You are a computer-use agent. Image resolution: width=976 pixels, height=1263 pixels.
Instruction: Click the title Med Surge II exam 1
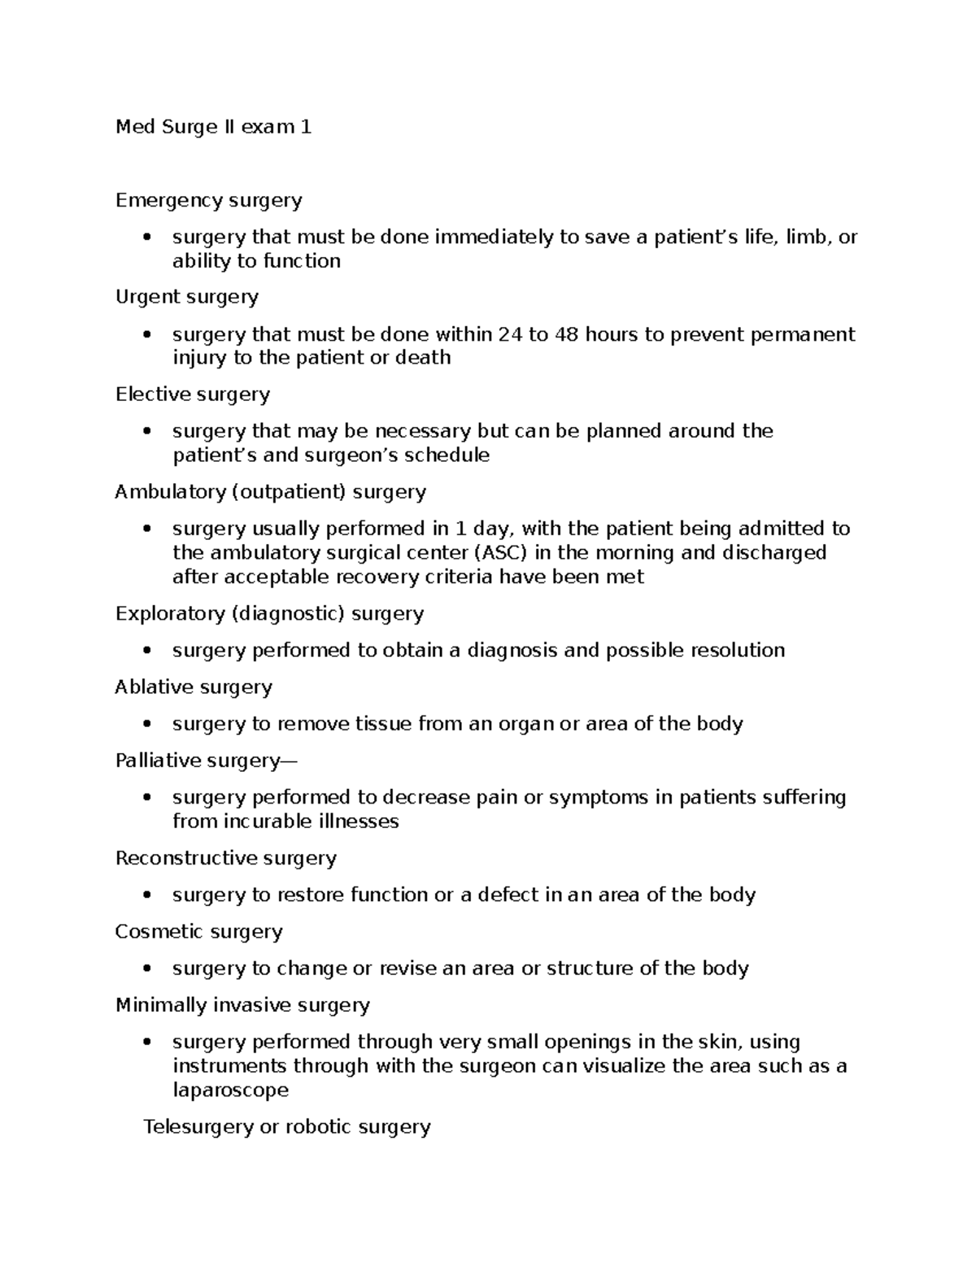[213, 127]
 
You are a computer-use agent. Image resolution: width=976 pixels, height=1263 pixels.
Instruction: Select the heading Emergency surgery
[208, 200]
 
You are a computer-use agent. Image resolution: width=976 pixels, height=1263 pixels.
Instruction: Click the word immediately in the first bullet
[494, 237]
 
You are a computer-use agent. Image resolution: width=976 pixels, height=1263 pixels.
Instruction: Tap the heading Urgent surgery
[186, 297]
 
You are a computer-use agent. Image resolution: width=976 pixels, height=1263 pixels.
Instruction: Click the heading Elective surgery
[192, 394]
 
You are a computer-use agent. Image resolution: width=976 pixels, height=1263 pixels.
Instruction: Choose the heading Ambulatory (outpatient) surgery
[270, 492]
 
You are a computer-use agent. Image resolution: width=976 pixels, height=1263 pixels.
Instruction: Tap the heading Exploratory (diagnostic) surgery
[269, 613]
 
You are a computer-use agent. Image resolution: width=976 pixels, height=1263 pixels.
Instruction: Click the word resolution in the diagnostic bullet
[737, 651]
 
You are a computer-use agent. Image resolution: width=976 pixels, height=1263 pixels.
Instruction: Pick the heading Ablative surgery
[194, 687]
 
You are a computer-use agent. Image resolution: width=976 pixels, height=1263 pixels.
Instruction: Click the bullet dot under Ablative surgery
[146, 724]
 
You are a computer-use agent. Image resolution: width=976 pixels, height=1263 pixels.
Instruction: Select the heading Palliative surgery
[206, 760]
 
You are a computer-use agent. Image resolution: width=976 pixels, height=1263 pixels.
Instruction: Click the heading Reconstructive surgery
[225, 858]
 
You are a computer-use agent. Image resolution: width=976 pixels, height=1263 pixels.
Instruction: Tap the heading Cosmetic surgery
[198, 932]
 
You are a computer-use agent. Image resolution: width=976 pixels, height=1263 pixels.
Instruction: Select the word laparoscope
[230, 1090]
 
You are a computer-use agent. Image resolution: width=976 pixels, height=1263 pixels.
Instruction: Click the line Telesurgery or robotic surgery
[286, 1127]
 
